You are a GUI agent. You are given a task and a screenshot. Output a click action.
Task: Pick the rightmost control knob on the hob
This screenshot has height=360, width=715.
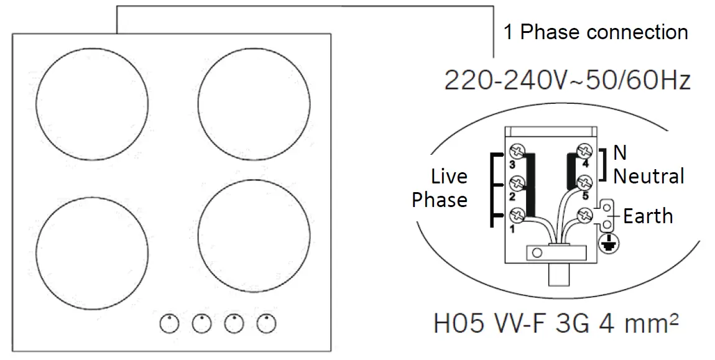[267, 323]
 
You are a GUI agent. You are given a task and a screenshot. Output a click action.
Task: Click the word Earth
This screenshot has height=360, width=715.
[648, 216]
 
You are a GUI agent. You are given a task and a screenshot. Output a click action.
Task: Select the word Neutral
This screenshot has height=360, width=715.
[648, 176]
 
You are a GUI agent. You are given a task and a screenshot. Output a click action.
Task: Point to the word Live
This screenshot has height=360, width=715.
[449, 177]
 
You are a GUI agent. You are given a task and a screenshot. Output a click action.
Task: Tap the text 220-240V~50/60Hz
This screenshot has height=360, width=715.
[567, 80]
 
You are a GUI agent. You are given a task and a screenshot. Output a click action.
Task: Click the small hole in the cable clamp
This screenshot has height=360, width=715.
[538, 252]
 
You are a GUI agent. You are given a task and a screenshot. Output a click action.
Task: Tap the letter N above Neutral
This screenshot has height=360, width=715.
[620, 153]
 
